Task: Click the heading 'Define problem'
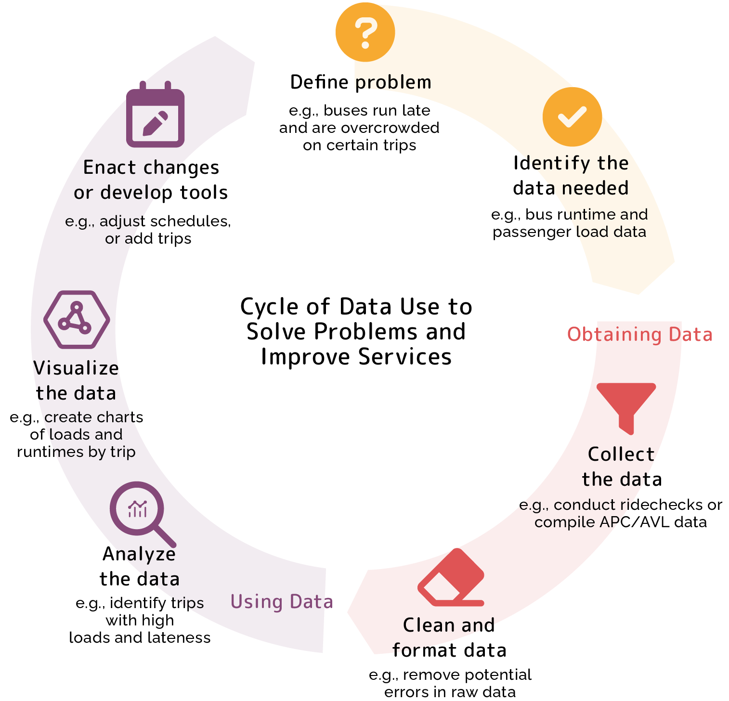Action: click(361, 82)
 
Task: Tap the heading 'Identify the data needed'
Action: click(571, 176)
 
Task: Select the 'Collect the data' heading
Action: click(622, 467)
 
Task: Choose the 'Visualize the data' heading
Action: click(77, 381)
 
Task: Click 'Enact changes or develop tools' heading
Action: click(151, 180)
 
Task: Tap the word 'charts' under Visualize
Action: click(120, 417)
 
